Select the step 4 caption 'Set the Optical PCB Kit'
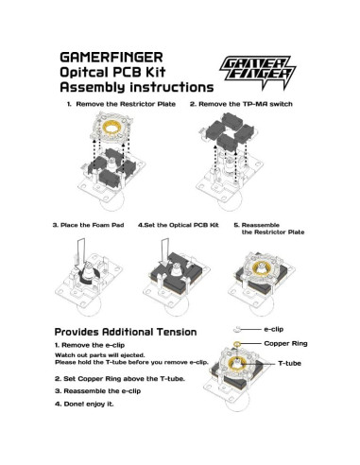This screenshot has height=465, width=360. [177, 225]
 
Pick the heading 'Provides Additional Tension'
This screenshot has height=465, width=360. [125, 332]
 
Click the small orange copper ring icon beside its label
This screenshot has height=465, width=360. [236, 344]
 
